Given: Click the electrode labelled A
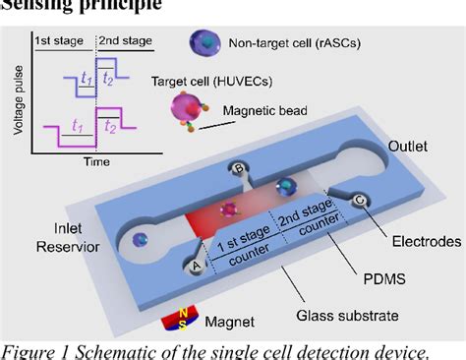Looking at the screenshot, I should click(x=196, y=263).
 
